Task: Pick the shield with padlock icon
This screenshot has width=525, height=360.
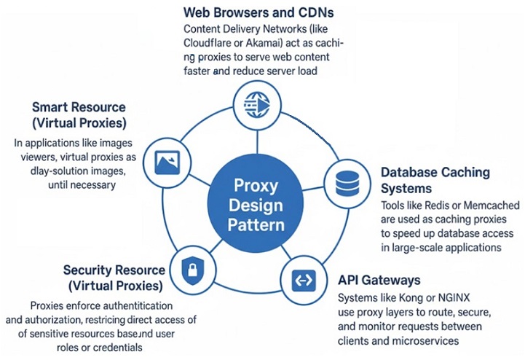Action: click(189, 268)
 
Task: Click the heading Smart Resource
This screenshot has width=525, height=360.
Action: click(79, 107)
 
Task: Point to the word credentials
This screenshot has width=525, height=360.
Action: click(117, 346)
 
